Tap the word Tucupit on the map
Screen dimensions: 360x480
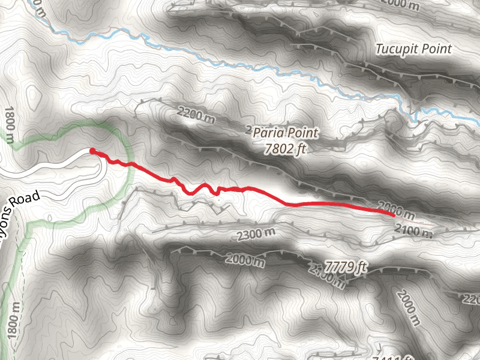click(395, 49)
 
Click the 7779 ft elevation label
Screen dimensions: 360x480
click(345, 265)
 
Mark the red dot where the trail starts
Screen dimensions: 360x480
click(92, 151)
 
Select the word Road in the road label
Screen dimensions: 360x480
click(28, 200)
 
